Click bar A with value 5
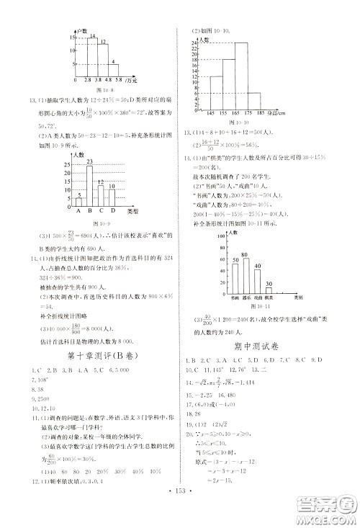pos(78,200)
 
